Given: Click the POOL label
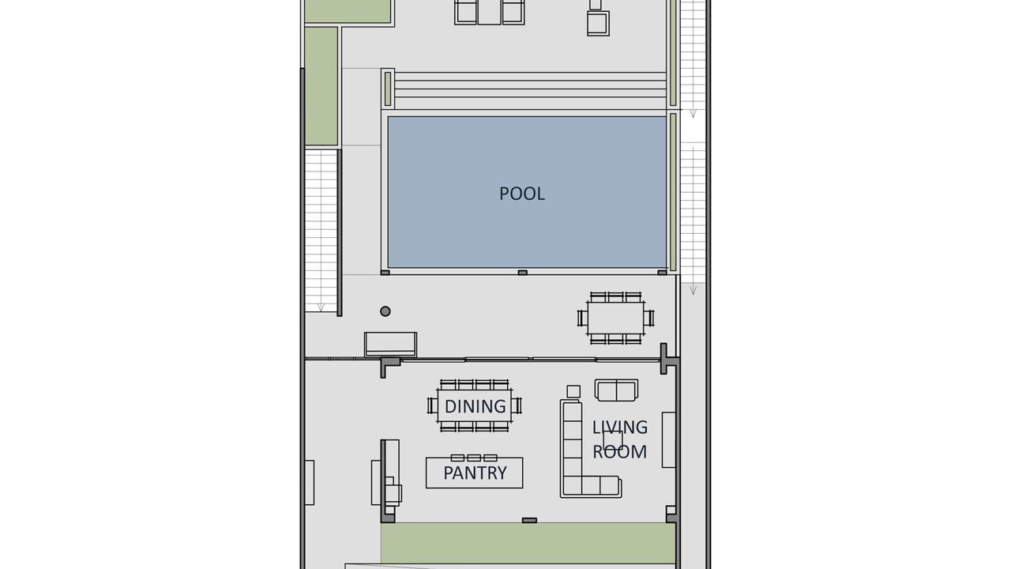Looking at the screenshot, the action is pos(522,194).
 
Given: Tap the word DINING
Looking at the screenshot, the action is pos(475,406).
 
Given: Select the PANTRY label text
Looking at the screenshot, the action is pos(475,473).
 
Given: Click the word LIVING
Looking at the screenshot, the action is pos(620,428).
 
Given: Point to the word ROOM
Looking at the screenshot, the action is pos(620,451).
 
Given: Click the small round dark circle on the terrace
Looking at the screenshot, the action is pos(385,311).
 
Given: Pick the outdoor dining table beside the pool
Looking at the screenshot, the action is pos(615,318).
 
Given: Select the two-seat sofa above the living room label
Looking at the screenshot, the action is pos(616,390).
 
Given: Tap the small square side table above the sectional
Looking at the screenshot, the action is pos(573,391).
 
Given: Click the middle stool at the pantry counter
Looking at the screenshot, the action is pos(473,458).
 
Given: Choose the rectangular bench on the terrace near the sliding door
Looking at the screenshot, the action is pos(390,345).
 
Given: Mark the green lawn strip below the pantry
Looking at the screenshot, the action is pos(528,543).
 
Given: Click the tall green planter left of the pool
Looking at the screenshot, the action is pos(321,86).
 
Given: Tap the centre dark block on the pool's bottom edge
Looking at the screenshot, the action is pos(523,273).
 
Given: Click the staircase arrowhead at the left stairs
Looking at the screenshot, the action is pos(321,307).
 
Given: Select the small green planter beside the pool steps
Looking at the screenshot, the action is pos(388,89).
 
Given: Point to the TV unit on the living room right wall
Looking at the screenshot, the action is pos(668,440).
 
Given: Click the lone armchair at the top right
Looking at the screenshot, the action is pos(599,23).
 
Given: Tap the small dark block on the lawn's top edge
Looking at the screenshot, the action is pos(529,521).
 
